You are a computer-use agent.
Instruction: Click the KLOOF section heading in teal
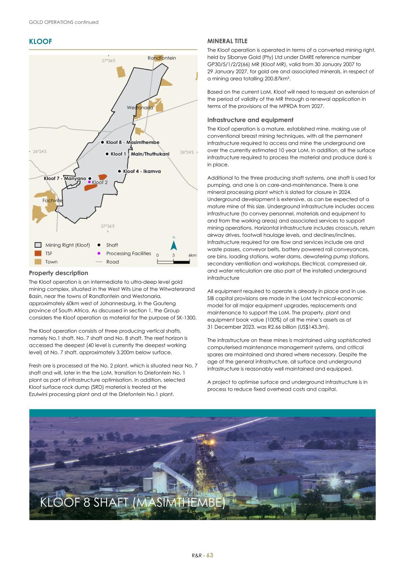pos(40,42)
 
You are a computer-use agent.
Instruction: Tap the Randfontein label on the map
pos(162,58)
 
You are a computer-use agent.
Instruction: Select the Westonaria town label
pos(140,108)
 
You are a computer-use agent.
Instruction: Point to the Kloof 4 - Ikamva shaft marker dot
pos(120,171)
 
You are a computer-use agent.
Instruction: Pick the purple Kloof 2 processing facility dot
pos(89,182)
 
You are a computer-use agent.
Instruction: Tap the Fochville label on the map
pos(52,201)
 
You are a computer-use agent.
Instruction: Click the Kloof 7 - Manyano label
pos(65,179)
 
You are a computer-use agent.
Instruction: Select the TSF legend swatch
pos(38,254)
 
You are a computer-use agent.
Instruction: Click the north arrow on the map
pos(173,245)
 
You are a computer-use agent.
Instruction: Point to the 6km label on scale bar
pos(192,255)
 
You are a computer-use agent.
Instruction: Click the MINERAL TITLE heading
pos(227,41)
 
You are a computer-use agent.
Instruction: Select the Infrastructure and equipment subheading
pos(250,120)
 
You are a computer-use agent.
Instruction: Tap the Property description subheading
pos(58,273)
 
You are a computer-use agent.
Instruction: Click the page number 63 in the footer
pos(209,555)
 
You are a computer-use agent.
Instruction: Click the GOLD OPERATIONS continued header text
pos(63,22)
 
